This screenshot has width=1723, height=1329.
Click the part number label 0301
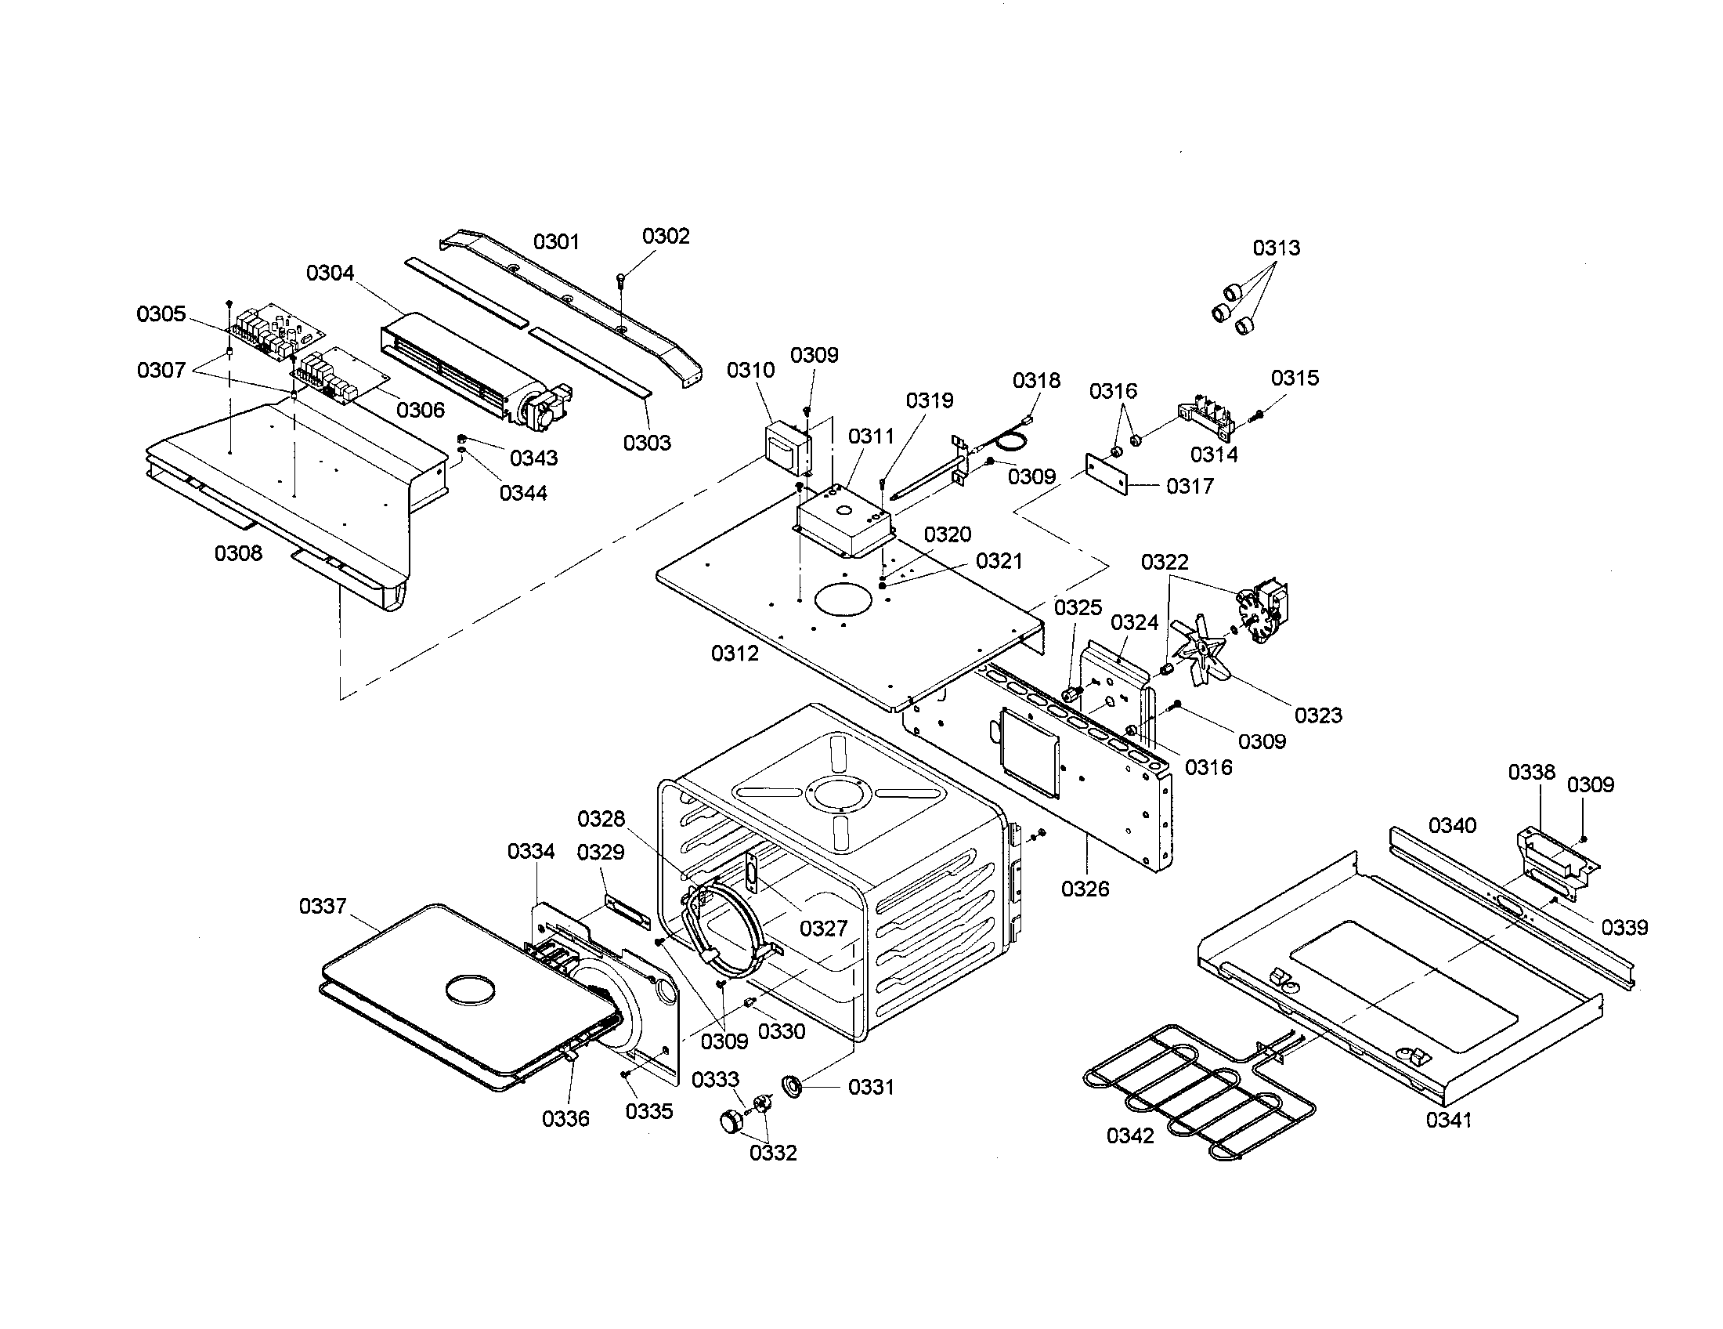(556, 241)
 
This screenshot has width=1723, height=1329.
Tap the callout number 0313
(1277, 248)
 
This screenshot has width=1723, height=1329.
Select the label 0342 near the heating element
(1129, 1135)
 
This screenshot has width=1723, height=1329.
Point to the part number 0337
(323, 906)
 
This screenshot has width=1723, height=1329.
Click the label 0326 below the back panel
(1085, 889)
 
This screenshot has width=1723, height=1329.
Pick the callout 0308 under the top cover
(238, 553)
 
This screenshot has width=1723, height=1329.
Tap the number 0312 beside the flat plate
(735, 653)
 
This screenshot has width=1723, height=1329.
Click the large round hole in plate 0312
(843, 599)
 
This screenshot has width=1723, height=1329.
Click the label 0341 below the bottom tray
(1448, 1120)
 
